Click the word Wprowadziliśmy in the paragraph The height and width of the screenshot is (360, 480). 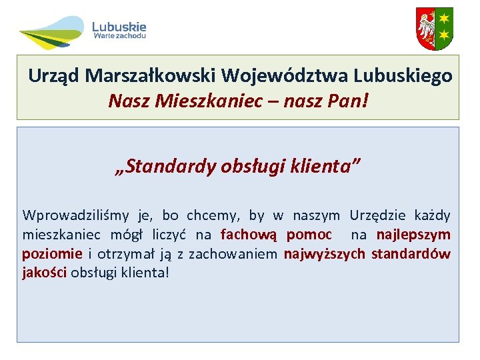tap(76, 215)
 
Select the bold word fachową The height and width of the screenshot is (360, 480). tap(249, 235)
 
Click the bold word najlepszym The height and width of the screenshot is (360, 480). tap(413, 235)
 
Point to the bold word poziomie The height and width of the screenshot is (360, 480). tap(52, 254)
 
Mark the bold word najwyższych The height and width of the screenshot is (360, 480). tap(325, 254)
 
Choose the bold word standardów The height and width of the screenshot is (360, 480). tap(411, 254)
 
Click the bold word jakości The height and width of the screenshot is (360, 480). tap(44, 273)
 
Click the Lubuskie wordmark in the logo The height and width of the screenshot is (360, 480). tap(119, 27)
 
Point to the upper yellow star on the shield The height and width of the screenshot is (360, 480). tap(444, 17)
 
